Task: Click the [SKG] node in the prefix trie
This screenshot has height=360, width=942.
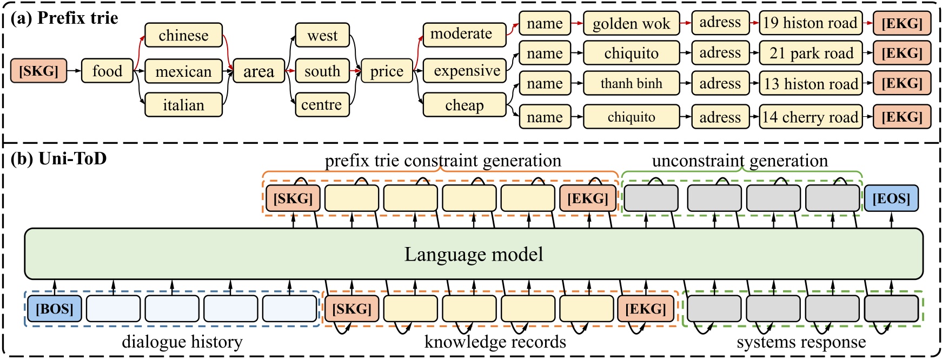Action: pyautogui.click(x=38, y=71)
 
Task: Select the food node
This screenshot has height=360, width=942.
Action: pyautogui.click(x=107, y=71)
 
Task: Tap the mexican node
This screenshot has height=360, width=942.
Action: pyautogui.click(x=183, y=71)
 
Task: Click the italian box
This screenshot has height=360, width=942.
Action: pyautogui.click(x=183, y=105)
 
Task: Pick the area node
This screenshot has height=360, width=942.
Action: pyautogui.click(x=258, y=71)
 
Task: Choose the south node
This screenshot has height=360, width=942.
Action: pyautogui.click(x=322, y=71)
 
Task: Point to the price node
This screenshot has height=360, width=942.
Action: pyautogui.click(x=387, y=71)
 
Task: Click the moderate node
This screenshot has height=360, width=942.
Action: pyautogui.click(x=464, y=34)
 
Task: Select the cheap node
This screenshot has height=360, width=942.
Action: pyautogui.click(x=464, y=105)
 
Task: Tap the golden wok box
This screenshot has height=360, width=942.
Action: pyautogui.click(x=631, y=24)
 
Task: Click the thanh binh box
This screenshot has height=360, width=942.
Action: pyautogui.click(x=631, y=84)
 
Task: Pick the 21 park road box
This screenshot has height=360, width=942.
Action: pyautogui.click(x=811, y=53)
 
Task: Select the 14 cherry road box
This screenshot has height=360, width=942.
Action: pyautogui.click(x=811, y=117)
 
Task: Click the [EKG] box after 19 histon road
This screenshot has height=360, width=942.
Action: pyautogui.click(x=902, y=24)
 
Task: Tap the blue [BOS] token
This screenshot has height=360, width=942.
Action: pyautogui.click(x=54, y=309)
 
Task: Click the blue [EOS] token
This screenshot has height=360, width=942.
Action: pyautogui.click(x=891, y=198)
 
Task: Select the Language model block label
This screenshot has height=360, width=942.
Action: pyautogui.click(x=474, y=254)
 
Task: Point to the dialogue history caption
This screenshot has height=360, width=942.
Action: pyautogui.click(x=182, y=342)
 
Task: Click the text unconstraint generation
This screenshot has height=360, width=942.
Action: pyautogui.click(x=740, y=161)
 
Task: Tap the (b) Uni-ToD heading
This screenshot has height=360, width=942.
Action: pyautogui.click(x=59, y=158)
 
